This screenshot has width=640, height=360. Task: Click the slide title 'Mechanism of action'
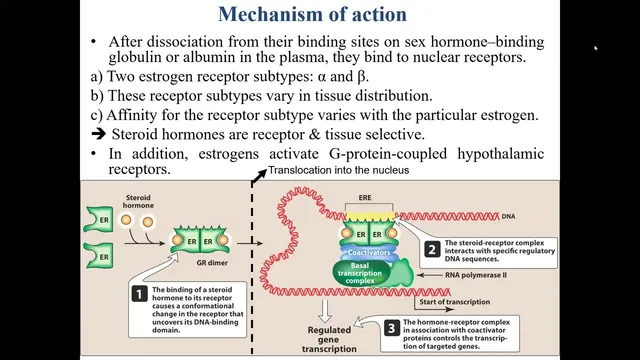tap(312, 14)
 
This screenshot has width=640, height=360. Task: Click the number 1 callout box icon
tap(139, 294)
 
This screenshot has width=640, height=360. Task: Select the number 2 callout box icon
tap(432, 249)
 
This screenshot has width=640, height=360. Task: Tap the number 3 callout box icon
tap(391, 328)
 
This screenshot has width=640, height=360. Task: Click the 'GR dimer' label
tap(212, 263)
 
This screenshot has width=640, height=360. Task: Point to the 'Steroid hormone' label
tap(138, 201)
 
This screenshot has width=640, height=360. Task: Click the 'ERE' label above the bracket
tap(365, 198)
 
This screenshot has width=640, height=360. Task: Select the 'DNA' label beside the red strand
tap(508, 216)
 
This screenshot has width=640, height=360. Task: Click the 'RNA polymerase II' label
tap(476, 275)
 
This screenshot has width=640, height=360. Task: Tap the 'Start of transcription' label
tap(455, 302)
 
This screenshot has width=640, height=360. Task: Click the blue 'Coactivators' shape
tap(369, 252)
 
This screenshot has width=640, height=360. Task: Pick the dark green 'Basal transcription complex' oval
tap(360, 273)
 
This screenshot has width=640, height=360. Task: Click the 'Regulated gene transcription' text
tap(329, 339)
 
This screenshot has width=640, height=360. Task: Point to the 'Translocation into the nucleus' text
tap(338, 170)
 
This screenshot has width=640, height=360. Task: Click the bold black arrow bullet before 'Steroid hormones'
tap(98, 134)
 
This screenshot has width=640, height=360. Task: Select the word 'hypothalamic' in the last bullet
tap(500, 154)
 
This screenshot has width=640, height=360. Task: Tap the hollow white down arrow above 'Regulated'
tap(325, 311)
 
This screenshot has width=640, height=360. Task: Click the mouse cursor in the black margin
tap(596, 49)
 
